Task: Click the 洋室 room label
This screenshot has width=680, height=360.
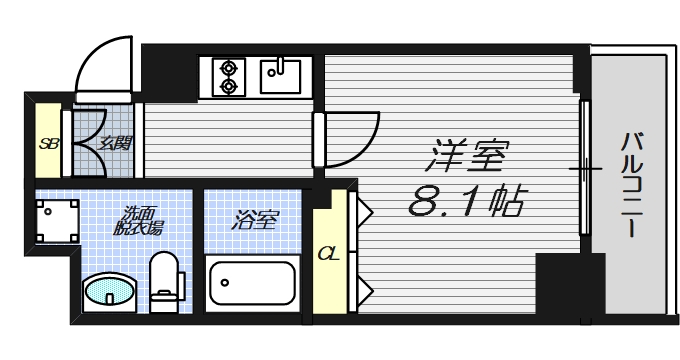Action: [x=469, y=157]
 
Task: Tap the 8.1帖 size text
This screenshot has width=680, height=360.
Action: [x=467, y=203]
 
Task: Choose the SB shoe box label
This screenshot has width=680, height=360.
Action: [x=47, y=142]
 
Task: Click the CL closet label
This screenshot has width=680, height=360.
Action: [x=327, y=252]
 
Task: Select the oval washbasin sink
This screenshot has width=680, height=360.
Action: [x=108, y=293]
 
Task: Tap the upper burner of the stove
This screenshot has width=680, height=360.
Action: [x=230, y=68]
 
